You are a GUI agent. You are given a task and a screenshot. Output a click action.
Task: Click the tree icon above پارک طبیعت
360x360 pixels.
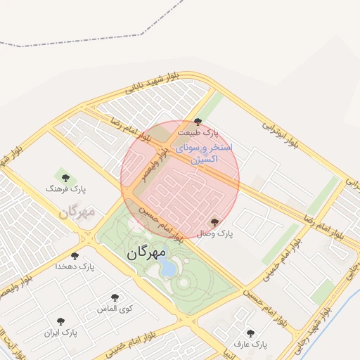[198, 122]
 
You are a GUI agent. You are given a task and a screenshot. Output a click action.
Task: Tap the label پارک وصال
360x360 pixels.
[214, 233]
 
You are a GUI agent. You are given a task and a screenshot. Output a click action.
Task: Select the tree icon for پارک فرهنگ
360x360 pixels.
[66, 178]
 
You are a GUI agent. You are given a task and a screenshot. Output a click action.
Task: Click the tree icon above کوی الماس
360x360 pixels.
[115, 297]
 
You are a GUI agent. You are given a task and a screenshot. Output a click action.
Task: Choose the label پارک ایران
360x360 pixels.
[60, 331]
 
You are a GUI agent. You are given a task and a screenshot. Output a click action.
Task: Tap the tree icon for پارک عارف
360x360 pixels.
[250, 333]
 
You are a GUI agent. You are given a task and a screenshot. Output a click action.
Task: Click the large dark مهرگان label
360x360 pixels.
[147, 252]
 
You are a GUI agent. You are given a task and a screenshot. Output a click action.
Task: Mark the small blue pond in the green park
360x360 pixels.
[167, 267]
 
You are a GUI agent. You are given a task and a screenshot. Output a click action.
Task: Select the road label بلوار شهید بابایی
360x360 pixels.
[153, 83]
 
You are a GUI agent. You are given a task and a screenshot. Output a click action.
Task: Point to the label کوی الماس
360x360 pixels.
[115, 309]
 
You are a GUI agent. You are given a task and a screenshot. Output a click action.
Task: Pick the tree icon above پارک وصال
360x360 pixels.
[214, 222]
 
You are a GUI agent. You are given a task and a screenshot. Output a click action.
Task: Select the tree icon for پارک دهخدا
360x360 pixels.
[75, 257]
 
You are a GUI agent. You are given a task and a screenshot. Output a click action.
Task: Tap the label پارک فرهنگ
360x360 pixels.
[65, 189]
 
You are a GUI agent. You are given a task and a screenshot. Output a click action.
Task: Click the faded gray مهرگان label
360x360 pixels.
[77, 212]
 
